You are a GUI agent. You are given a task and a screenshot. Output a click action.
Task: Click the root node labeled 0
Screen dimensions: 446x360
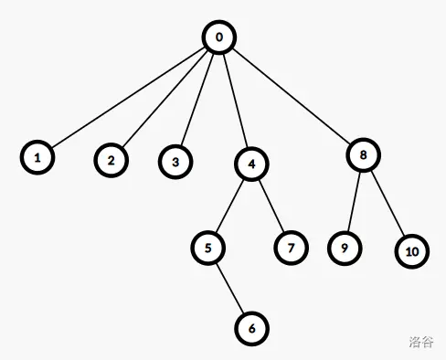pyautogui.click(x=218, y=37)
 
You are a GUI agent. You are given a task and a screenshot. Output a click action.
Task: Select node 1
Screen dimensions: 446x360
pyautogui.click(x=37, y=157)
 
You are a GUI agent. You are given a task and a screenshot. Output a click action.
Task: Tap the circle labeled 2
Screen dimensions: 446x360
pyautogui.click(x=111, y=160)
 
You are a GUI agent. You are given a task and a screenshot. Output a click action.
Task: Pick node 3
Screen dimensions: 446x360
pyautogui.click(x=175, y=162)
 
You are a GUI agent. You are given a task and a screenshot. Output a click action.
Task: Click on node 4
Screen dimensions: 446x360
pyautogui.click(x=251, y=164)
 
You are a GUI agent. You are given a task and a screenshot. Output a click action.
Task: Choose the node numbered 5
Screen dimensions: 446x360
pyautogui.click(x=208, y=248)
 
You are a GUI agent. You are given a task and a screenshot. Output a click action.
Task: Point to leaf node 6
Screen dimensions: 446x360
pyautogui.click(x=251, y=328)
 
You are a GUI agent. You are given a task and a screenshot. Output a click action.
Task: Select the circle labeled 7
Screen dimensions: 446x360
pyautogui.click(x=291, y=248)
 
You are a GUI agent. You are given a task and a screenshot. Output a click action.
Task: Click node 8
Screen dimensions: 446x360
pyautogui.click(x=363, y=154)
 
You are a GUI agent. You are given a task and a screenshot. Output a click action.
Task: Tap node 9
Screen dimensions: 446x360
pyautogui.click(x=345, y=249)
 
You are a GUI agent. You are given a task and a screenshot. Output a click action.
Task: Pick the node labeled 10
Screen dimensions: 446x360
pyautogui.click(x=412, y=251)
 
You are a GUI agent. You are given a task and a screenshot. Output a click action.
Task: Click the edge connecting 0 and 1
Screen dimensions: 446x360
pyautogui.click(x=128, y=98)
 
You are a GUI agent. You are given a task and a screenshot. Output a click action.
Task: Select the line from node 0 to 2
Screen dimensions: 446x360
pyautogui.click(x=165, y=99)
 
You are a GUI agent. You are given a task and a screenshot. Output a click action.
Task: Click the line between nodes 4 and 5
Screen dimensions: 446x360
pyautogui.click(x=229, y=206)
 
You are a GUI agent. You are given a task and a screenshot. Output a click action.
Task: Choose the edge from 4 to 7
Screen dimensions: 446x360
pyautogui.click(x=271, y=206)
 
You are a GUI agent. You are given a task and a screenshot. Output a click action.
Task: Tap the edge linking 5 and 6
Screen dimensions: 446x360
pyautogui.click(x=230, y=288)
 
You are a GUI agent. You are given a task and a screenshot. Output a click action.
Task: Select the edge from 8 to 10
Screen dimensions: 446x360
pyautogui.click(x=388, y=203)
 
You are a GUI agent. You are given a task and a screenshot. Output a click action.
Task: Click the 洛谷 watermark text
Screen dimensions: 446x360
pyautogui.click(x=421, y=342)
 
